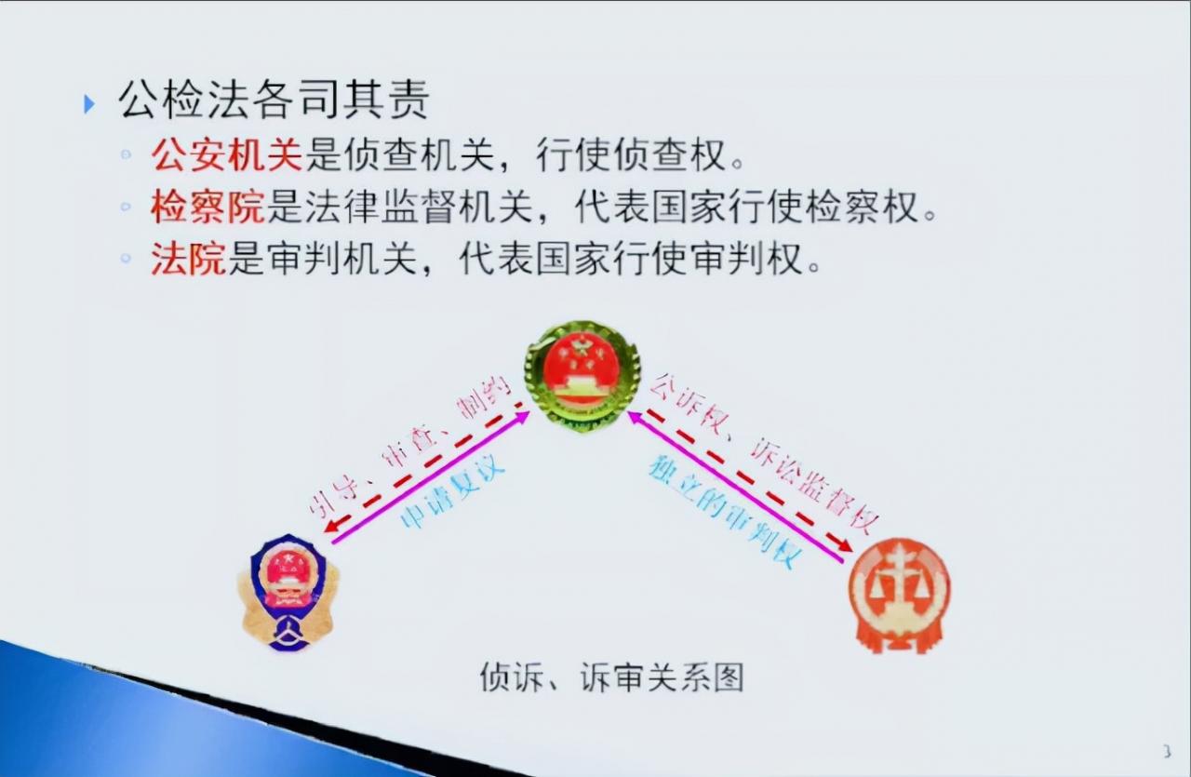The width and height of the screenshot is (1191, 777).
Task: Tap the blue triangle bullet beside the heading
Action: (x=89, y=103)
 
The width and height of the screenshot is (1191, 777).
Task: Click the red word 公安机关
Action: (x=227, y=155)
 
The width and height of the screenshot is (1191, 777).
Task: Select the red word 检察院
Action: (x=207, y=208)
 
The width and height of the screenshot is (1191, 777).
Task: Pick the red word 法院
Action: (x=189, y=260)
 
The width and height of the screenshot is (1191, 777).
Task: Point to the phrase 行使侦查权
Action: (x=632, y=155)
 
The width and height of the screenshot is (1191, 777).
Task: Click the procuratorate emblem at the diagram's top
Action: (x=582, y=376)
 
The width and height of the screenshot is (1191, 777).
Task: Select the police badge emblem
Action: (x=288, y=592)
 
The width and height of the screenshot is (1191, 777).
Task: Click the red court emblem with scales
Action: (x=899, y=594)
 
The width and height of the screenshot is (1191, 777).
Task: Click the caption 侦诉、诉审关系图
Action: (x=611, y=677)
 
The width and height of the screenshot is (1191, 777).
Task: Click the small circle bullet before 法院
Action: (x=127, y=261)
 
